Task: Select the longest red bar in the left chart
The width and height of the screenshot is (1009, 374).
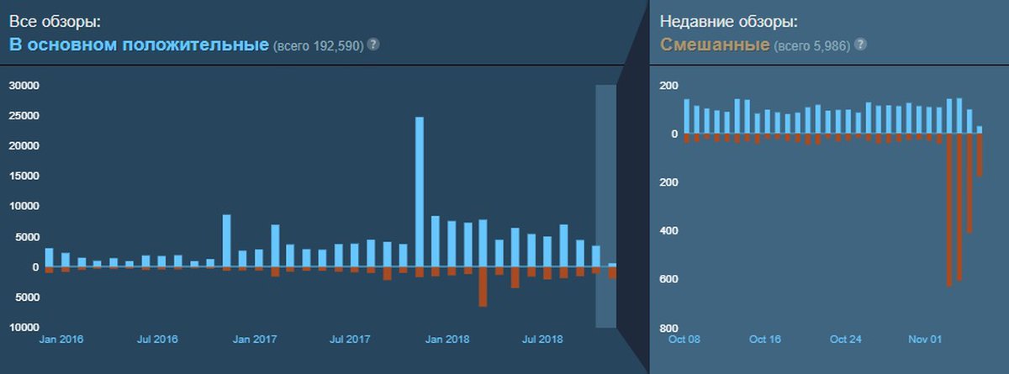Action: [483, 287]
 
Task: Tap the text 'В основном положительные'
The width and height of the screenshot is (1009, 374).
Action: [140, 44]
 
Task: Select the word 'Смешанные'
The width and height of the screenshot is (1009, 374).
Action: [714, 44]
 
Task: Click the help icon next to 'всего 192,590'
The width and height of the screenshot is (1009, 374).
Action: [373, 44]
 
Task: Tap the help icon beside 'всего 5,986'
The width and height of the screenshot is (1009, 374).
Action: [860, 44]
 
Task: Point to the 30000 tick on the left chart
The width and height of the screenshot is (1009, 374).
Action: [25, 86]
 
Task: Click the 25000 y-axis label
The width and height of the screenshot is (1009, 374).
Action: [25, 116]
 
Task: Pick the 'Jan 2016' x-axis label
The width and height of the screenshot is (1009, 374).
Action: [61, 340]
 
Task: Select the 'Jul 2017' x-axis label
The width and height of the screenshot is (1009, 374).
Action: [351, 340]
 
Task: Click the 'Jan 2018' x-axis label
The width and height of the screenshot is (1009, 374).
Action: [446, 340]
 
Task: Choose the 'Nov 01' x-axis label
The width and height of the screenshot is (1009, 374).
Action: [926, 340]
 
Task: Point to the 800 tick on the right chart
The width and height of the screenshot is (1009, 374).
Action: [669, 328]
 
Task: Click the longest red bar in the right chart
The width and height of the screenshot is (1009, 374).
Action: [949, 210]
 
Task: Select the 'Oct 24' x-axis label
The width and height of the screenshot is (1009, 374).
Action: [845, 340]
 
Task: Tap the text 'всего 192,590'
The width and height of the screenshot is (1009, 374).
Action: [318, 45]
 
